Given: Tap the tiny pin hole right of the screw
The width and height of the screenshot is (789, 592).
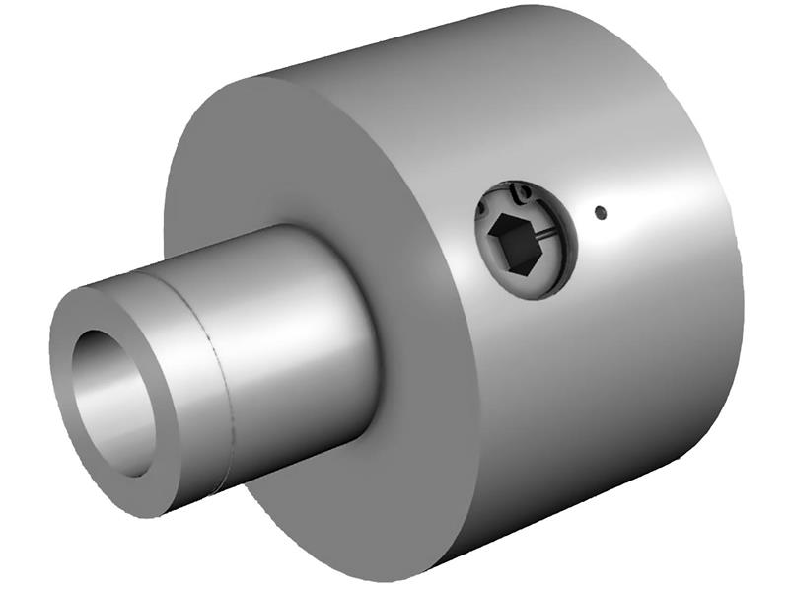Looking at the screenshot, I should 599,210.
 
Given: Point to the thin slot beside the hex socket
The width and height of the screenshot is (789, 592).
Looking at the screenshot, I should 542,235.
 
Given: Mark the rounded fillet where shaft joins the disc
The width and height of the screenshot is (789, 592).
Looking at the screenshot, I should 370,326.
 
